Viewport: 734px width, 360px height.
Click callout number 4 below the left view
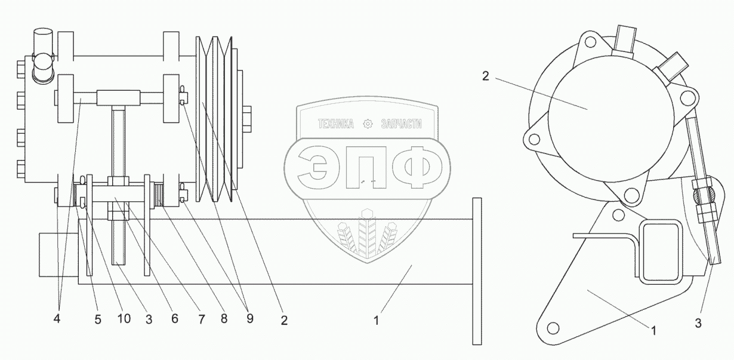tap(57, 318)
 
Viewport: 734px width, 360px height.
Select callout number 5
tap(98, 319)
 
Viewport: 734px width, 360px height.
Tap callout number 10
tap(124, 318)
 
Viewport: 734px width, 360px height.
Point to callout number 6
tap(175, 318)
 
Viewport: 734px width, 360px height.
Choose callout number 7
tap(201, 319)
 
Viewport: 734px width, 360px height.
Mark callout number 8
tap(224, 318)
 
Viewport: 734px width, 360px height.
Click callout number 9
tap(249, 318)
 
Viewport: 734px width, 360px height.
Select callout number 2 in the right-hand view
tap(486, 76)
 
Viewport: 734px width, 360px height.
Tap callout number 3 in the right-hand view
tap(698, 323)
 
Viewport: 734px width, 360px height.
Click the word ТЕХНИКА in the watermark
tap(336, 124)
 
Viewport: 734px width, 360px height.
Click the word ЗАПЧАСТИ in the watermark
tap(402, 124)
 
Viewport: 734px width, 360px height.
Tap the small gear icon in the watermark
tap(368, 124)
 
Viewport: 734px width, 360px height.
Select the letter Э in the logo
tap(313, 168)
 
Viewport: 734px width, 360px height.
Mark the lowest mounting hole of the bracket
tap(553, 328)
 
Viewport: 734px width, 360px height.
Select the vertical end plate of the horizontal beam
tap(477, 271)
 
